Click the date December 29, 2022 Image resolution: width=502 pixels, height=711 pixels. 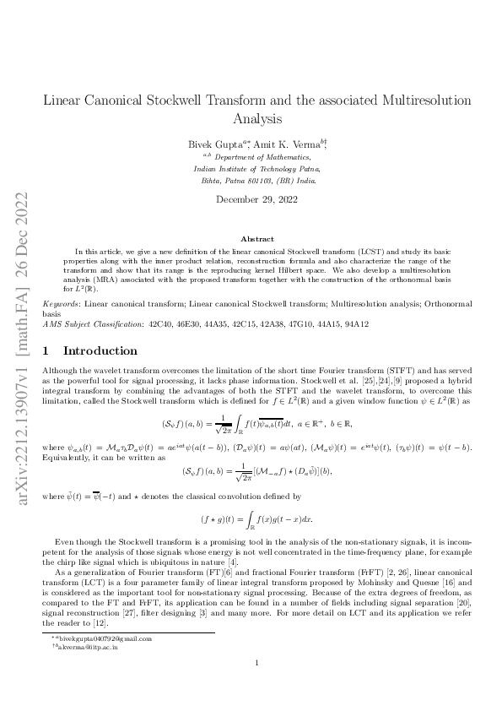click(251, 200)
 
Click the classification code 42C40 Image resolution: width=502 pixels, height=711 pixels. click(160, 323)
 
